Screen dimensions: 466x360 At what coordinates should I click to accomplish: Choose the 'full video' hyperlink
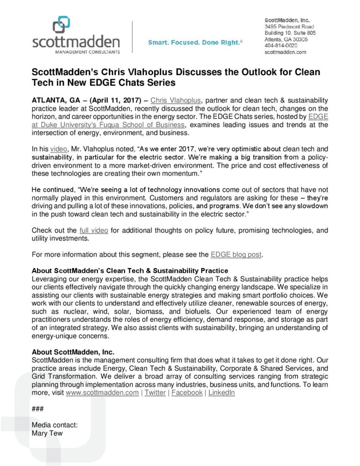pyautogui.click(x=94, y=230)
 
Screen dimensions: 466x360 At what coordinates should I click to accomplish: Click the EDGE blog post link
pyautogui.click(x=236, y=255)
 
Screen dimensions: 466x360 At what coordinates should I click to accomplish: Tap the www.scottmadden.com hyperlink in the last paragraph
pyautogui.click(x=102, y=392)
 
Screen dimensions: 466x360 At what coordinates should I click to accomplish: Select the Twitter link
pyautogui.click(x=155, y=392)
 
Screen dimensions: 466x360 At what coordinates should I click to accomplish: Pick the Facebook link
pyautogui.click(x=187, y=392)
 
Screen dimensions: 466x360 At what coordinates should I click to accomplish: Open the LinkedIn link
pyautogui.click(x=222, y=392)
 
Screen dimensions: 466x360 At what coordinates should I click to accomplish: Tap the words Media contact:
pyautogui.click(x=54, y=425)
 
